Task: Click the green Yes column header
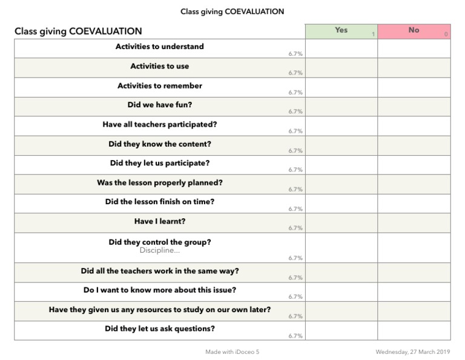click(341, 31)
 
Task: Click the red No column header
click(414, 31)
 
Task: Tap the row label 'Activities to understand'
click(160, 47)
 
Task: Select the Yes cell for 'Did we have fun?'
click(341, 107)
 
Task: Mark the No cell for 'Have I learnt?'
click(414, 223)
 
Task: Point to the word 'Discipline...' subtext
click(160, 250)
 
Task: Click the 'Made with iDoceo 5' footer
click(232, 352)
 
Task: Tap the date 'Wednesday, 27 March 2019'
click(413, 352)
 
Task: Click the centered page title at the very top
click(232, 12)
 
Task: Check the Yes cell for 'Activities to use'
click(341, 68)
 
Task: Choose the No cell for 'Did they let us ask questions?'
click(414, 330)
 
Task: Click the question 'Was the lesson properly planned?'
click(160, 182)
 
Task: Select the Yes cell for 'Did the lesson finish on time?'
click(341, 204)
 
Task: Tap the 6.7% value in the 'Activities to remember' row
click(295, 93)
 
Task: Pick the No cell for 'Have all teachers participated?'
click(414, 126)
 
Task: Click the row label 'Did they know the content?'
click(160, 144)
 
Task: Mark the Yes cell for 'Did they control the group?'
click(341, 248)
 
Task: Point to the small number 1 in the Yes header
click(373, 35)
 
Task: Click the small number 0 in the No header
click(446, 35)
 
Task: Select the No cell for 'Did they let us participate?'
click(414, 165)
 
